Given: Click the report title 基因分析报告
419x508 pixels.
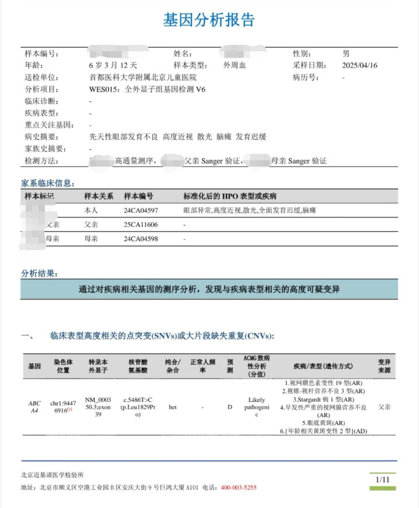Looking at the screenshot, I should click(209, 20).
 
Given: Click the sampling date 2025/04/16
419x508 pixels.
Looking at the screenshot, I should click(360, 65).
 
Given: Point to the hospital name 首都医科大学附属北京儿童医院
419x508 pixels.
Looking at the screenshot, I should click(143, 77).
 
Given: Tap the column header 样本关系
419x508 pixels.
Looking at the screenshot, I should click(99, 196).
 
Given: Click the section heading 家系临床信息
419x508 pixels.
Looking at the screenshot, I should click(48, 183).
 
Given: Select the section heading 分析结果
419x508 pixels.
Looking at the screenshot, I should click(40, 273).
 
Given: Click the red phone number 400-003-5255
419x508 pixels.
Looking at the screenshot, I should click(239, 488).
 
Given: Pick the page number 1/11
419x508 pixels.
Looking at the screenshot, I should click(382, 480).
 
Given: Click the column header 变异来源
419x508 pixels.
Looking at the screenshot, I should click(384, 366).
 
